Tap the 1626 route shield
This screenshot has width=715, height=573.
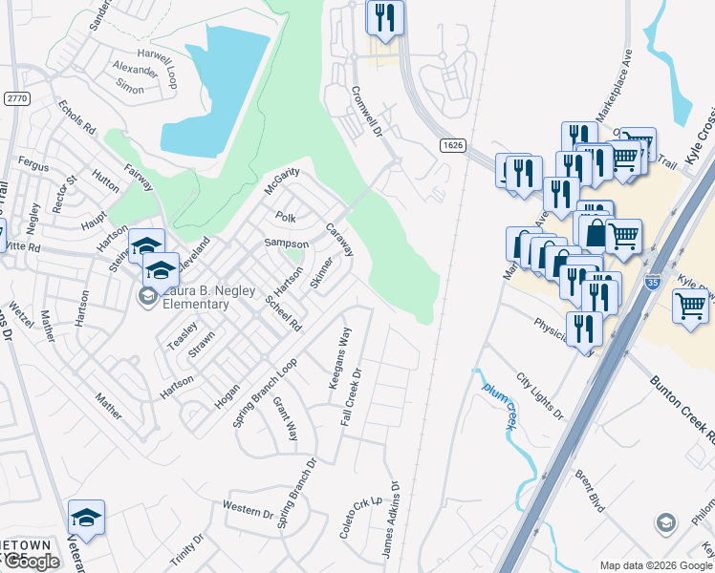[454, 145]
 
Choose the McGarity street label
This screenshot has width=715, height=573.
[282, 179]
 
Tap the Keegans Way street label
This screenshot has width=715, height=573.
[340, 357]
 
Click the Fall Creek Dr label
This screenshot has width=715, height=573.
[352, 396]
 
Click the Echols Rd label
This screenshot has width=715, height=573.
[76, 117]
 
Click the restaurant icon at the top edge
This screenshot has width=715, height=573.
[384, 18]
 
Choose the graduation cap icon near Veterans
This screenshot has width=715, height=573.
[87, 520]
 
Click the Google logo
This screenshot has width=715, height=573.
[31, 562]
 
